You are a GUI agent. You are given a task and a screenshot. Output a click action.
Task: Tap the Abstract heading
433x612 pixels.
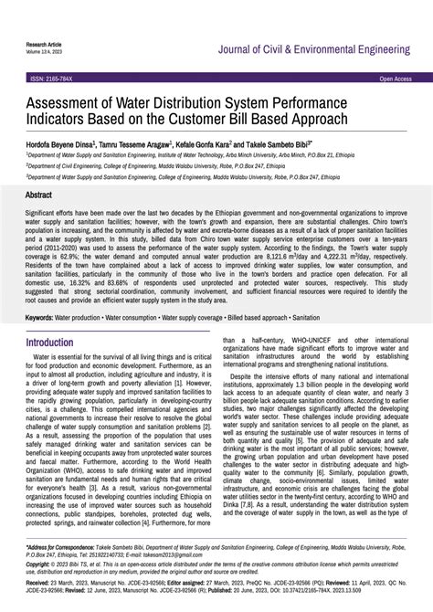point(38,195)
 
